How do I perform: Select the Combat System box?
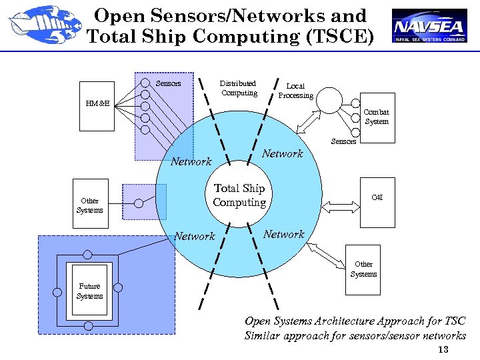377,117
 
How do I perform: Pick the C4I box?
377,198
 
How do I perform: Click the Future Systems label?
89,291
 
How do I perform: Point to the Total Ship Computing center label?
239,195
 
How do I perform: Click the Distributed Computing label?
238,88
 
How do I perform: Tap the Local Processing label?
295,91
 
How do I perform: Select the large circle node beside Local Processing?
329,101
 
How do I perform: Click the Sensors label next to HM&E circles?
168,83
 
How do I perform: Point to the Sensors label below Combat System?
343,141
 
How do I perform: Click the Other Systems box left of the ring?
90,205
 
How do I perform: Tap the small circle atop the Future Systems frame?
87,255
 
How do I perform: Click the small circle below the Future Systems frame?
88,326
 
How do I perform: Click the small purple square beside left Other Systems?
144,201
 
